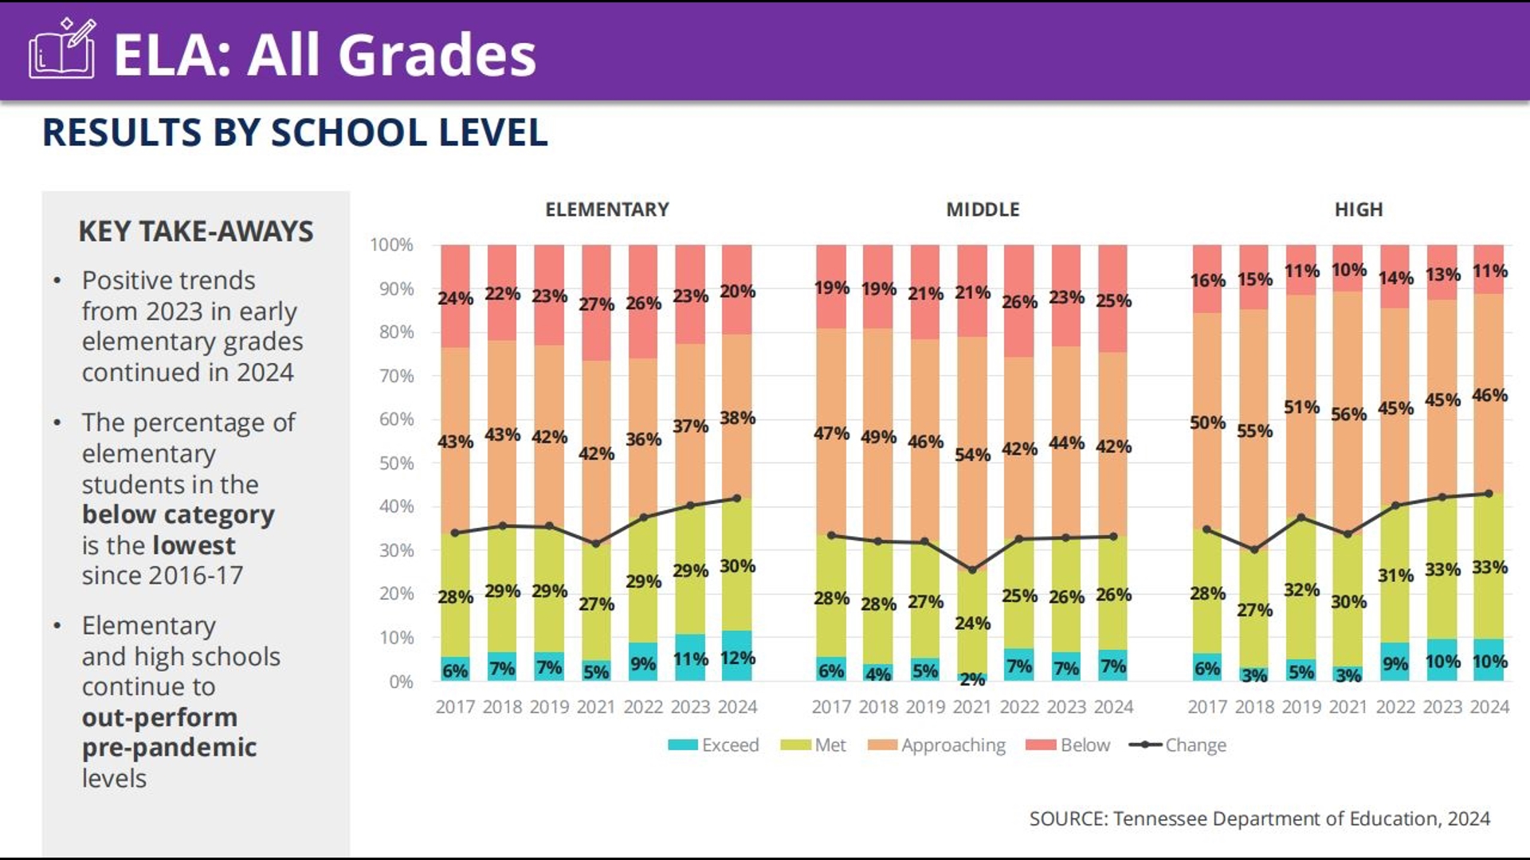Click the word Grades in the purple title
[x=437, y=55]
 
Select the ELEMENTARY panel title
[x=606, y=209]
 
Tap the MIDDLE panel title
[x=983, y=209]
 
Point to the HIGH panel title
[x=1359, y=209]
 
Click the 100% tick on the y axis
[x=391, y=245]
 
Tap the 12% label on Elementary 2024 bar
[x=737, y=659]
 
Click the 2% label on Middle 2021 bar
[x=972, y=679]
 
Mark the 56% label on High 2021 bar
[x=1348, y=414]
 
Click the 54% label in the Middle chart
[x=972, y=455]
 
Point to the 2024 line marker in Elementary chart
[x=737, y=498]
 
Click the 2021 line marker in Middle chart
[x=972, y=570]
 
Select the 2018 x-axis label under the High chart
[x=1254, y=707]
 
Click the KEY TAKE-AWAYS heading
[x=196, y=232]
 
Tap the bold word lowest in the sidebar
[x=194, y=545]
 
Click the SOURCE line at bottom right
[x=1259, y=819]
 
